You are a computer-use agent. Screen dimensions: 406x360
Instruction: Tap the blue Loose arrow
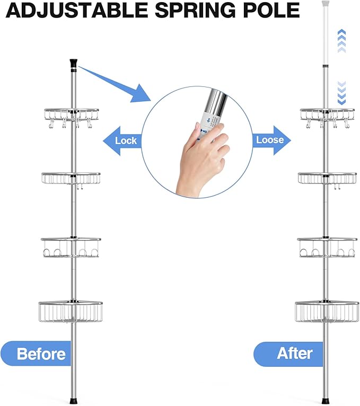point(270,140)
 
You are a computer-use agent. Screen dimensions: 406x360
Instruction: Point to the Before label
point(37,354)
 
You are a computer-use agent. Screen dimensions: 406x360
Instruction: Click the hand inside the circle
point(204,156)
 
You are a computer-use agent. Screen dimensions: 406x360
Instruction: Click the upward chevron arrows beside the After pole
point(341,41)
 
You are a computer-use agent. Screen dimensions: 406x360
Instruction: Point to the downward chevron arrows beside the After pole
point(341,93)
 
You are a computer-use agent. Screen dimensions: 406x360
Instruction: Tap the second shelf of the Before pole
point(71,178)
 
